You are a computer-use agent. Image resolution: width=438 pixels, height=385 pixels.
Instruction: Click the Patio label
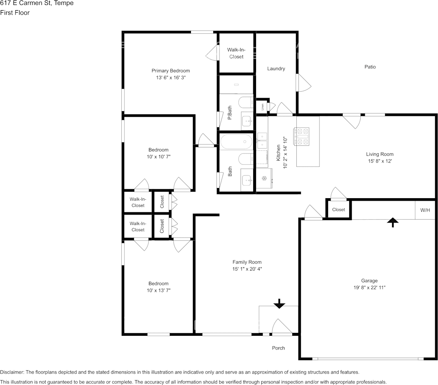click(x=370, y=67)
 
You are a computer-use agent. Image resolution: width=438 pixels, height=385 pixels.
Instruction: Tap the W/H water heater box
click(x=425, y=210)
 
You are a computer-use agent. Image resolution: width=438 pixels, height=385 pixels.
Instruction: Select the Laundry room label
click(x=276, y=69)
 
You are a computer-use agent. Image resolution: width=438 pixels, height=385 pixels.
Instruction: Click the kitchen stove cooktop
click(x=301, y=136)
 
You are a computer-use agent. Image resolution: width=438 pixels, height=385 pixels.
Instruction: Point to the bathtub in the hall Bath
click(x=237, y=142)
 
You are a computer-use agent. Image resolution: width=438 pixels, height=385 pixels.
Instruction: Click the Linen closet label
click(x=262, y=107)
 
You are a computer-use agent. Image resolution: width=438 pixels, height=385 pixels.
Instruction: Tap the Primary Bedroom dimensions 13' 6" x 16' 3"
click(x=171, y=78)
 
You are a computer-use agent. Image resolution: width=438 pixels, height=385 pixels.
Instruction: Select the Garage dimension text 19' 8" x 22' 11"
click(x=369, y=288)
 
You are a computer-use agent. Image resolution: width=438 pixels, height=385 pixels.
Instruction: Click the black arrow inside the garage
click(x=393, y=222)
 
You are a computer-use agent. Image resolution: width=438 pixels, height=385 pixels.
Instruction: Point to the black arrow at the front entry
click(x=279, y=304)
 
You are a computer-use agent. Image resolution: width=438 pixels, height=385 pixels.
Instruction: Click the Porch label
click(x=278, y=348)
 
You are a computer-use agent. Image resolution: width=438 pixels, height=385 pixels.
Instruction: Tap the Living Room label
click(x=380, y=154)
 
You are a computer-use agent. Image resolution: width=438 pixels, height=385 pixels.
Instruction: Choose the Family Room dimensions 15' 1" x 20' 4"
click(x=247, y=269)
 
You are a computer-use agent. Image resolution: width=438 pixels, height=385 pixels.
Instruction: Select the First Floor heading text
click(x=15, y=13)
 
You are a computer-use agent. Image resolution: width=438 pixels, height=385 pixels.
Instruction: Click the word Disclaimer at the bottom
click(x=12, y=372)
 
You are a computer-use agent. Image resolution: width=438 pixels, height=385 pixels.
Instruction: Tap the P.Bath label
click(x=230, y=113)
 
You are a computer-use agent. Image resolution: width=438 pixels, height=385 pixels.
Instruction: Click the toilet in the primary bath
click(x=246, y=102)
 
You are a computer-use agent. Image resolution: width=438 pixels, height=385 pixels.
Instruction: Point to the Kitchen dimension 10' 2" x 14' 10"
click(x=285, y=153)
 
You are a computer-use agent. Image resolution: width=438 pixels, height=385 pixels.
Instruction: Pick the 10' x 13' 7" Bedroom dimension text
click(x=159, y=290)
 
